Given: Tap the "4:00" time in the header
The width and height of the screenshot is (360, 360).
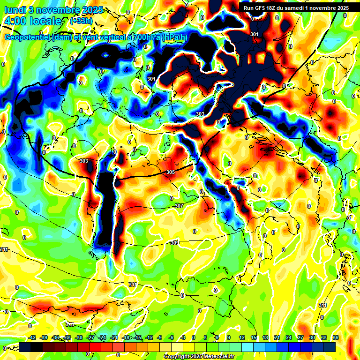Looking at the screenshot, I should (15, 21).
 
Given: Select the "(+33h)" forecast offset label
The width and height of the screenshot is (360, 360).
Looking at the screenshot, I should (81, 21).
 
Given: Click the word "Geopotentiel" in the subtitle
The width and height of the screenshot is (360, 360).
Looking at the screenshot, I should (29, 37).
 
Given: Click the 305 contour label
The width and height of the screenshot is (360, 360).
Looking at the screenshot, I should (171, 172).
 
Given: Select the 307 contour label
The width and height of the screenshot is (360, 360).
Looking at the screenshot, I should (179, 206).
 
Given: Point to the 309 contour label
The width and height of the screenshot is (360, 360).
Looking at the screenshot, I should (174, 242).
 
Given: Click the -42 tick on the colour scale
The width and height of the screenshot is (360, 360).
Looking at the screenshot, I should (32, 337).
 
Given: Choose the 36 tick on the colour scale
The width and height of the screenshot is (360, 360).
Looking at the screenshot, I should (335, 337).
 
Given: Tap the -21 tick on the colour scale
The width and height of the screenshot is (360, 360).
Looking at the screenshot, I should (114, 337).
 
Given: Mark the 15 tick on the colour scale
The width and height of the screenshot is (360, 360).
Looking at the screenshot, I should (254, 337).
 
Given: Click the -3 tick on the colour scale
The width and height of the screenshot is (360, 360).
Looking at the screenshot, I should (183, 337).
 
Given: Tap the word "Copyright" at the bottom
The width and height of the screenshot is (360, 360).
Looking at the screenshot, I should (177, 357).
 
